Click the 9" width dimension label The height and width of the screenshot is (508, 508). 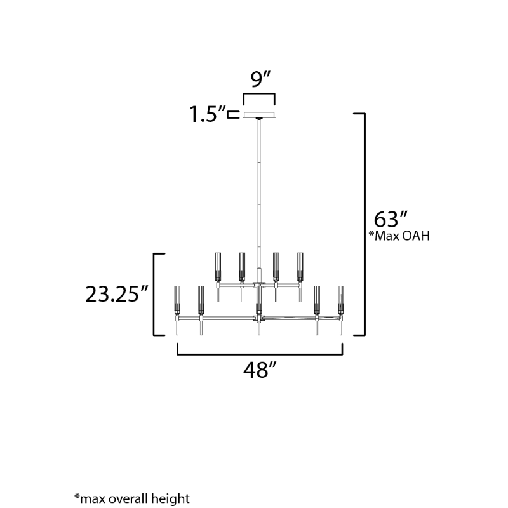coord(260,79)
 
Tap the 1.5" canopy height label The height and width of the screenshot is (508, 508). coord(208,114)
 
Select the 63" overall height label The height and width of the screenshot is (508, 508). coord(391,219)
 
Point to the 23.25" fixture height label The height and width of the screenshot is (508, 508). coord(117,294)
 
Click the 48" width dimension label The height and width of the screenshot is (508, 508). coord(260,370)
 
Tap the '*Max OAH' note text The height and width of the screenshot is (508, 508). coord(399,236)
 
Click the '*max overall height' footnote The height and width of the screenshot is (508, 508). coord(132,498)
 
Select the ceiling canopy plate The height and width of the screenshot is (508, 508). coord(259,115)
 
